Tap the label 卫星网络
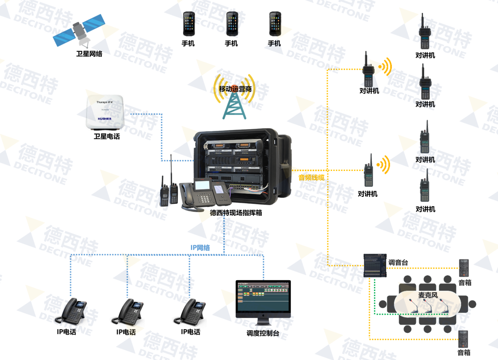[89, 54]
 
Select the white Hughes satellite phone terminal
[107, 112]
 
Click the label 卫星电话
[107, 136]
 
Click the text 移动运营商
[235, 89]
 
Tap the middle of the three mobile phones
[231, 24]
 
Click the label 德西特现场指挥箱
[236, 212]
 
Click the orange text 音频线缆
[312, 177]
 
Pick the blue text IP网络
[200, 248]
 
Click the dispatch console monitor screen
[263, 298]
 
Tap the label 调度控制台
[263, 333]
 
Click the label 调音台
[398, 262]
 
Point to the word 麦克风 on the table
[428, 295]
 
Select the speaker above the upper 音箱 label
[464, 268]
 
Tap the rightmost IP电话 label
[190, 332]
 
